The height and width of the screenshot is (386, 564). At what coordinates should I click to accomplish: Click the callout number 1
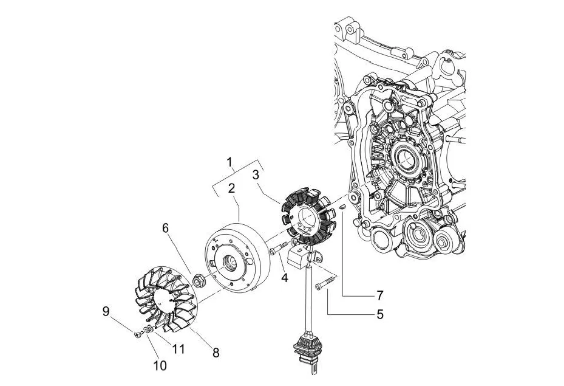[230, 162]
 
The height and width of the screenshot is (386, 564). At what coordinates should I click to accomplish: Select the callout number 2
[232, 189]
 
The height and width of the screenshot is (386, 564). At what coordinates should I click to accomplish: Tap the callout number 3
[256, 174]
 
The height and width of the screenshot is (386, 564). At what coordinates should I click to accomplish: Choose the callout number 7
[380, 295]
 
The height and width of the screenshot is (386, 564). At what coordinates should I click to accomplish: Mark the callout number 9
[106, 312]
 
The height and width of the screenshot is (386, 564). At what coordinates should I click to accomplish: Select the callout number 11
[178, 349]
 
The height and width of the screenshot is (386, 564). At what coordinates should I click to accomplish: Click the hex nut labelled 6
[198, 281]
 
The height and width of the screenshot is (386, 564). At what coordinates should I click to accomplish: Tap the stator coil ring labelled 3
[310, 216]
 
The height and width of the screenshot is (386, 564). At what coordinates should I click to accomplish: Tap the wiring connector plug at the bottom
[308, 349]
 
